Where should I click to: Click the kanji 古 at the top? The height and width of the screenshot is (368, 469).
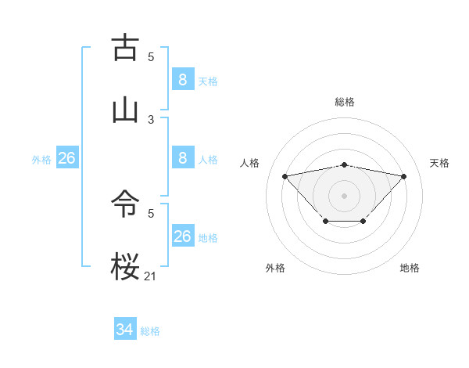coord(126,48)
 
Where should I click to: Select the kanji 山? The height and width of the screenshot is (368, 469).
coord(126,109)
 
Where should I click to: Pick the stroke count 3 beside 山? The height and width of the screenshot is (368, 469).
coord(151,119)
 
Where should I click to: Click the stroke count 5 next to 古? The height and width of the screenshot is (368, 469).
coord(151,57)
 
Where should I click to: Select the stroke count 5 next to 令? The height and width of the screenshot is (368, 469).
coord(151,213)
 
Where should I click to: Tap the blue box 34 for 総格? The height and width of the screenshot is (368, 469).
coord(125,330)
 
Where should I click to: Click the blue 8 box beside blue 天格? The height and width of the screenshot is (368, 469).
coord(182,79)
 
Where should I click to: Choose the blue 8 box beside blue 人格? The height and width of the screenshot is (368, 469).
coord(182,158)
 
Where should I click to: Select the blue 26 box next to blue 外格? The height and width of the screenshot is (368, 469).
coord(67,158)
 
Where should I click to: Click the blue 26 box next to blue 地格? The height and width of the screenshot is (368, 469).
coord(182,236)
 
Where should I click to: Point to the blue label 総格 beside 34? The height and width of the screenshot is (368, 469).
coord(150,331)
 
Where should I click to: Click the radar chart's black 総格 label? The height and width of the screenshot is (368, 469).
coord(344,102)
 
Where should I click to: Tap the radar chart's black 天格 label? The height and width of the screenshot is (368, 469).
coord(440,163)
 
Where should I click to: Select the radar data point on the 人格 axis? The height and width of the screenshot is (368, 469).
coord(285,175)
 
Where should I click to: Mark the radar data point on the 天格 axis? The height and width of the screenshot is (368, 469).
coord(403,176)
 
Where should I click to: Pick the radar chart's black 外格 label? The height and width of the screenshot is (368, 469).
coord(275,268)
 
